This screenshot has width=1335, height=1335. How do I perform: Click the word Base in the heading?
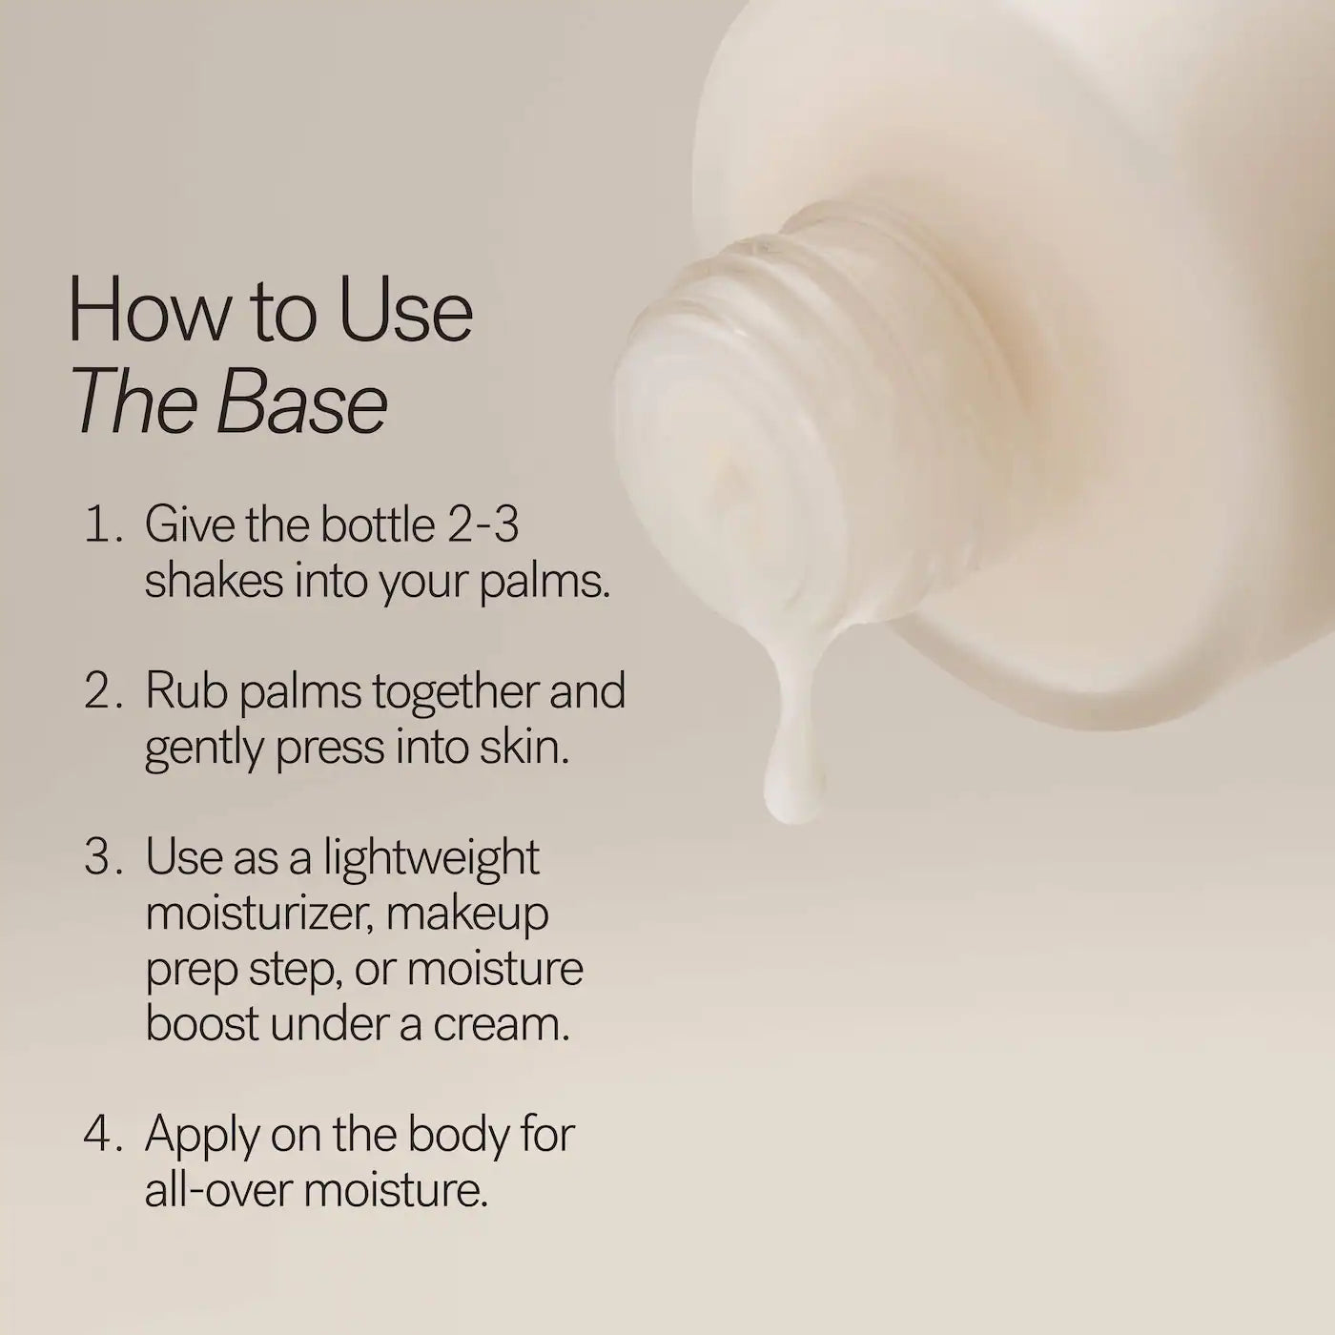click(x=302, y=404)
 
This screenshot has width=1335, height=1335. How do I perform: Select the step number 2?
click(x=100, y=691)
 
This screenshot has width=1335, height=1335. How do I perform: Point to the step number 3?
click(x=100, y=857)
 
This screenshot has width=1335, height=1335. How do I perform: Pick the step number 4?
click(x=100, y=1135)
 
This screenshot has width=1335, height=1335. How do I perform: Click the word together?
click(x=459, y=691)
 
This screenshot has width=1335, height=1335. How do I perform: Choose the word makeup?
click(x=467, y=914)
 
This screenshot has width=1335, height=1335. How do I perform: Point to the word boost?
click(x=201, y=1024)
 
